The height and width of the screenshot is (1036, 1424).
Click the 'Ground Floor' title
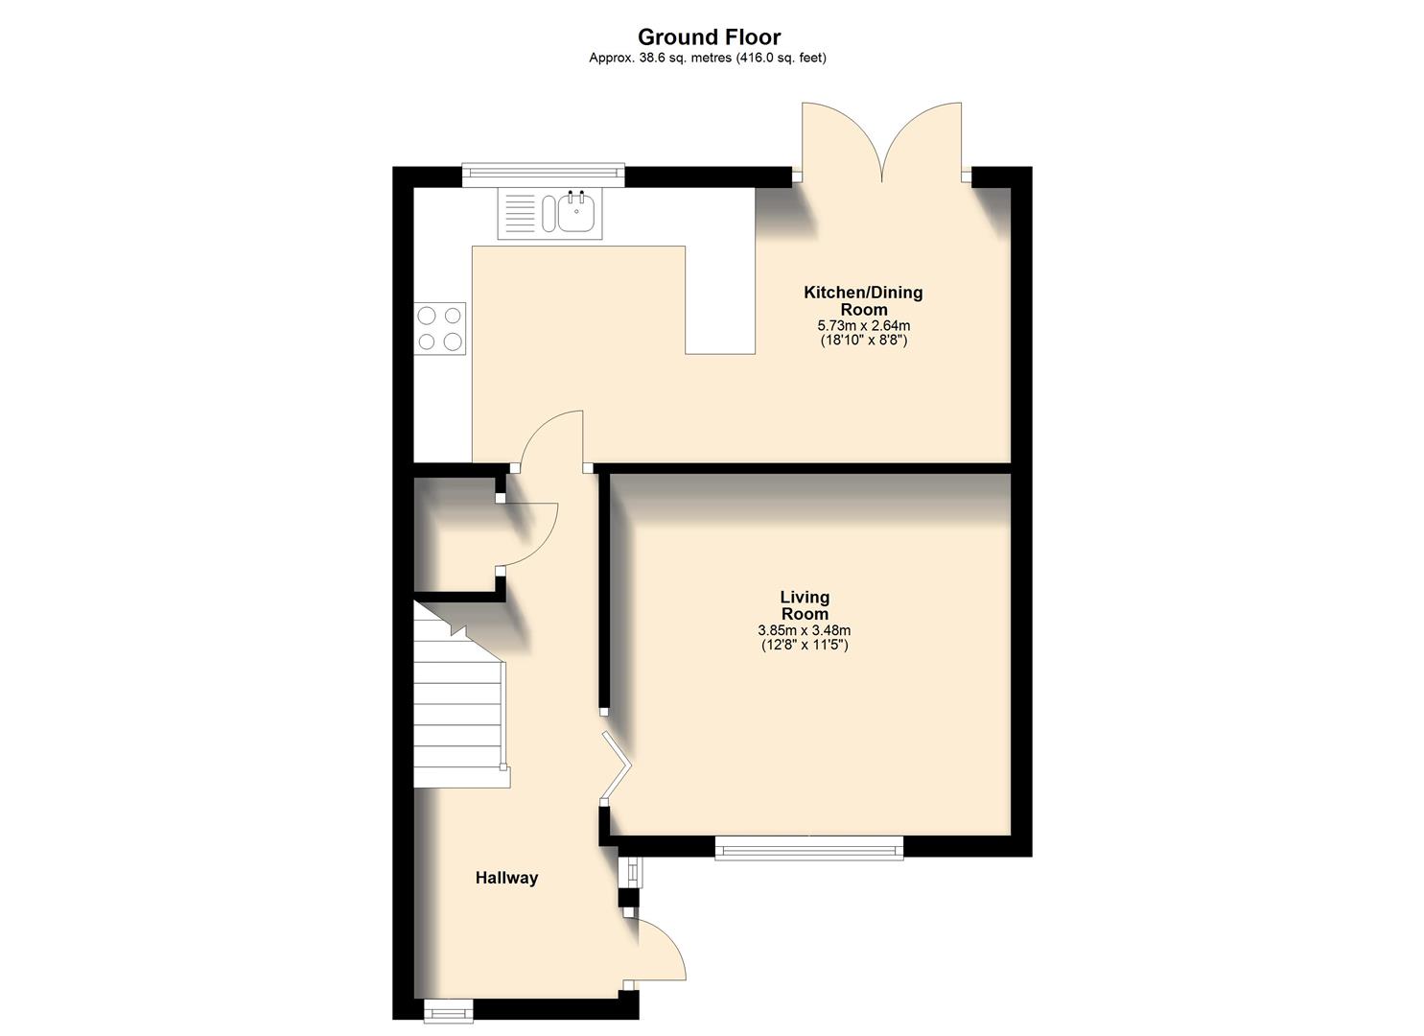point(709,36)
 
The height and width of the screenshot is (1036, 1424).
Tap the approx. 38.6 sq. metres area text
point(708,58)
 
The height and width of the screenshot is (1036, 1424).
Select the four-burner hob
point(440,328)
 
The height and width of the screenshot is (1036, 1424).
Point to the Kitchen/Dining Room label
point(862,300)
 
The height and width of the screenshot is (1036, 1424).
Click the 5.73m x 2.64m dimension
point(862,325)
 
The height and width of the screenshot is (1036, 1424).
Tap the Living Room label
point(804,605)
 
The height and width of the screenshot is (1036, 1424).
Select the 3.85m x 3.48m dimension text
point(804,630)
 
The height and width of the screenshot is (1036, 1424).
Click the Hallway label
point(506,878)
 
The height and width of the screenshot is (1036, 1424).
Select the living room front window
point(808,846)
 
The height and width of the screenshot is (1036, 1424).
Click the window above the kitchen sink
point(543,175)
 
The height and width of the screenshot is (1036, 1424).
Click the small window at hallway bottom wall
point(448,1009)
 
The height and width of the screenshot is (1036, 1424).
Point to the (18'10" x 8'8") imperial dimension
point(862,340)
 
